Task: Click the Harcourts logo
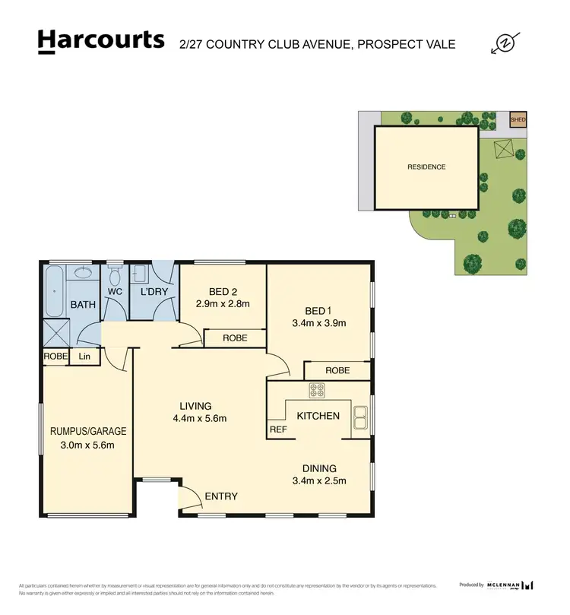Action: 100,40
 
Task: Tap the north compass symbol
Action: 505,43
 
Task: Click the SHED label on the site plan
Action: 518,119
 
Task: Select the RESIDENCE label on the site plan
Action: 426,167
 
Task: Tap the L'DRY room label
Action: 154,292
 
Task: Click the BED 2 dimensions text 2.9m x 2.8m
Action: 223,303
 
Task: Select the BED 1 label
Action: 319,310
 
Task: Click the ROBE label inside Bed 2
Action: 235,338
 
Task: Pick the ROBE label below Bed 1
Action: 337,370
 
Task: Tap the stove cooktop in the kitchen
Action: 317,391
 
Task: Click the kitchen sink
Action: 359,417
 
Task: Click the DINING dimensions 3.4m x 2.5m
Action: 319,480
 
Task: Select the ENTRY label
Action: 221,496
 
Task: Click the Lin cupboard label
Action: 84,356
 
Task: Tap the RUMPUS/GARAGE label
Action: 88,431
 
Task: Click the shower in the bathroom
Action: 55,332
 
